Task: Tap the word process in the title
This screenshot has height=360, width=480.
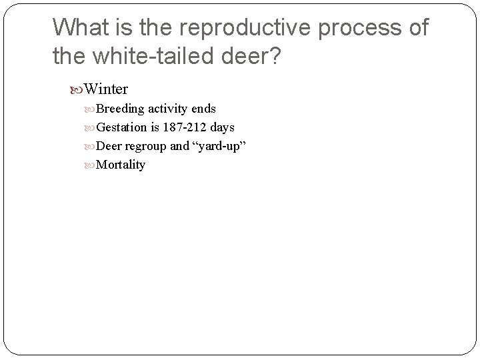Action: click(358, 27)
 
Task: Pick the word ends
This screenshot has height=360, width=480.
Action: click(203, 109)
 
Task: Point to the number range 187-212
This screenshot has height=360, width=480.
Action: click(185, 127)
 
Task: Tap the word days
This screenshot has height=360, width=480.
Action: click(223, 127)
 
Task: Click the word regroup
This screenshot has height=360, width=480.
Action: click(145, 146)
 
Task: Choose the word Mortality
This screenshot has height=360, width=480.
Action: click(121, 165)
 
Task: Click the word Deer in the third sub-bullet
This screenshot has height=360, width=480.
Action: click(109, 146)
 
